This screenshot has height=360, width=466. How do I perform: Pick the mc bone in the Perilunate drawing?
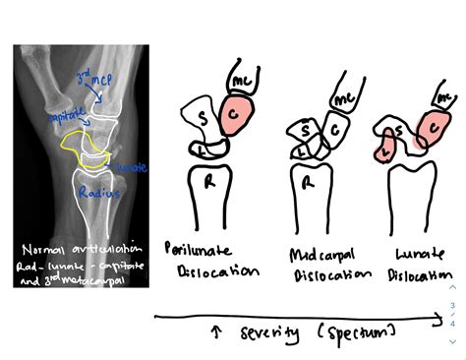point(243,76)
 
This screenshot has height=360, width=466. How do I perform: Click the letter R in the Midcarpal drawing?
point(310,184)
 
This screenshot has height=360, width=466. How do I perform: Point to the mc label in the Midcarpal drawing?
point(343,99)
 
